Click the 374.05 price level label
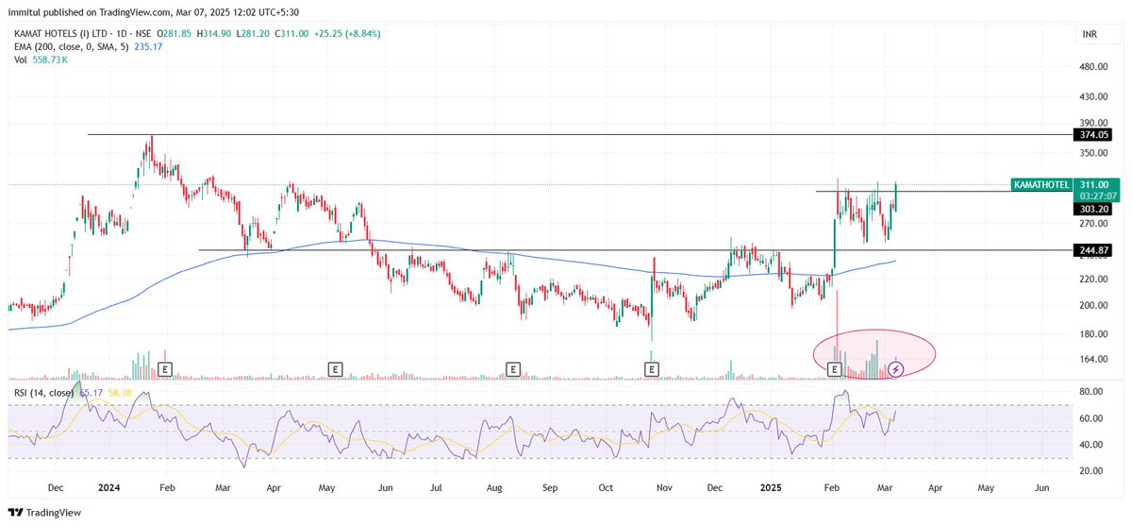[x=1092, y=135]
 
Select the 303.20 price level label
[x=1092, y=208]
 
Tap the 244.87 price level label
[x=1092, y=250]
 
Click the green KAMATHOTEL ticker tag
[x=1040, y=185]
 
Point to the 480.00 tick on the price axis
[x=1092, y=67]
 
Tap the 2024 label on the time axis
[x=109, y=489]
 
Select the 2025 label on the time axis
[x=771, y=489]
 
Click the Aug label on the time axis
[x=493, y=489]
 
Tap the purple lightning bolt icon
[x=896, y=368]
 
